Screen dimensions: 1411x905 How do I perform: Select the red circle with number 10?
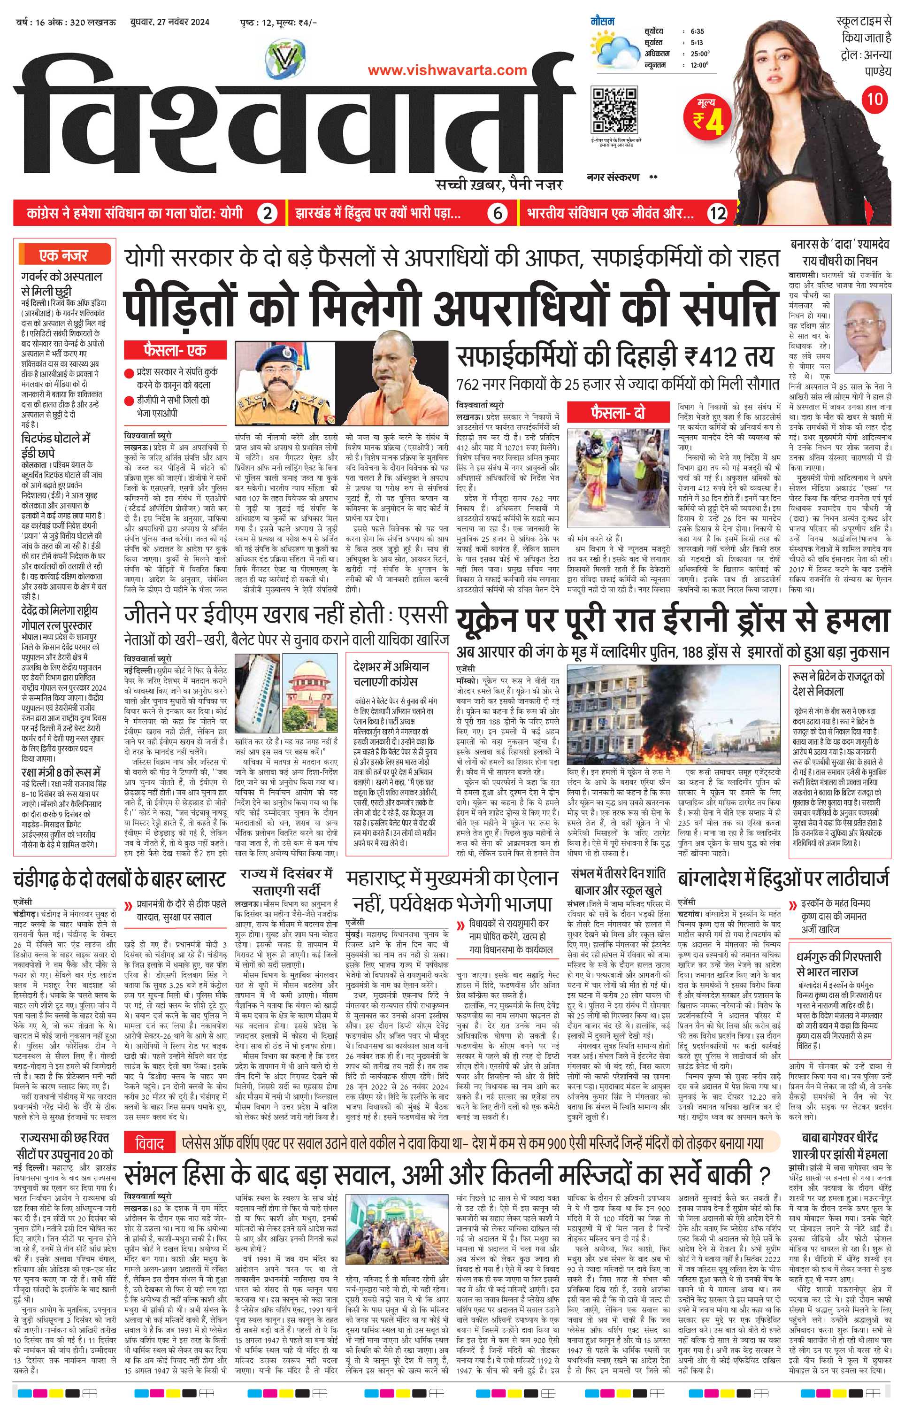click(874, 99)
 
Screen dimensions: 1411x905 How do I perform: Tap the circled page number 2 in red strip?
click(268, 213)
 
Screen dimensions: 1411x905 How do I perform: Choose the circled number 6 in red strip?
click(498, 213)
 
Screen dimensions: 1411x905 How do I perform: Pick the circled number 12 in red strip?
click(718, 213)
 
